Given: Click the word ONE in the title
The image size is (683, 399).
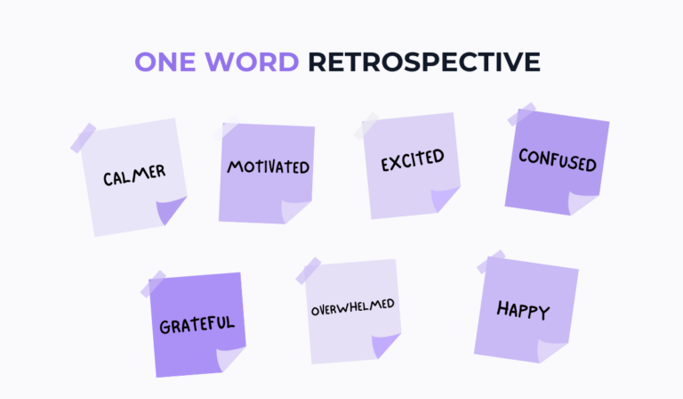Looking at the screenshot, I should pos(167,61).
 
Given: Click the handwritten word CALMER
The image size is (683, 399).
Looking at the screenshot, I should pos(133,175).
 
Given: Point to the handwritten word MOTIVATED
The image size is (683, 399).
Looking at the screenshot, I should pos(268,167).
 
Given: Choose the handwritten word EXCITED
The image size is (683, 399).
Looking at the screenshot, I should pos(412,162).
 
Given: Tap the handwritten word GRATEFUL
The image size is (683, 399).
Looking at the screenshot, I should pos(197,323).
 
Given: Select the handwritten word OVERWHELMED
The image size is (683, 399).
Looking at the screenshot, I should pos(352,309).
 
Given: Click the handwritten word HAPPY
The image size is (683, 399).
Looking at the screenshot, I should pos(523,311).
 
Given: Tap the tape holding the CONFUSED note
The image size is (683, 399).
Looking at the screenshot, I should pos(520,117).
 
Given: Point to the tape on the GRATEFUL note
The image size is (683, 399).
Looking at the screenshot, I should pos(153,283).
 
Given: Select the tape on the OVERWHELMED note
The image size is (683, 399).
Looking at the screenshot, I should pos(309,269).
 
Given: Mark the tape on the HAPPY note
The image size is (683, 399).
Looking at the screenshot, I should pos(490,264).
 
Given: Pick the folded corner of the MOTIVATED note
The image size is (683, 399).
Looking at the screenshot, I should pos(295,210).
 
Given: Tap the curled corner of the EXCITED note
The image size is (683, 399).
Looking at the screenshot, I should pos(443,201).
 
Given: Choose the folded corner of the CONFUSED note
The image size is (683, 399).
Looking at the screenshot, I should pos(583,201).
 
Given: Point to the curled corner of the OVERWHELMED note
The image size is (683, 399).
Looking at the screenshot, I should pos(385,346).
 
